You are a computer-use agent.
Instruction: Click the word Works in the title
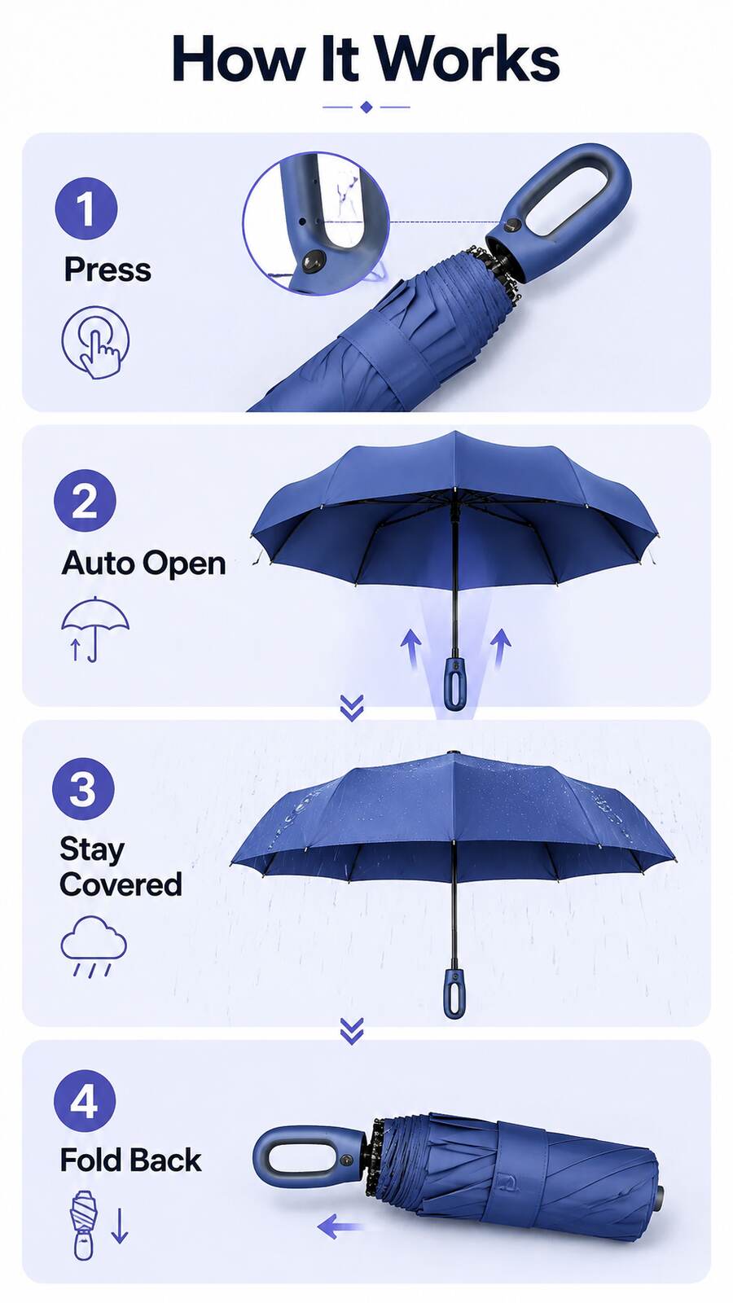click(466, 59)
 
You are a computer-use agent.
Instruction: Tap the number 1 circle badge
click(86, 208)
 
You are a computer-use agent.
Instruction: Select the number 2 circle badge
click(85, 501)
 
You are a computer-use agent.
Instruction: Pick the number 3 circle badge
click(83, 789)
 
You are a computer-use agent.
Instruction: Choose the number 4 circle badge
click(85, 1101)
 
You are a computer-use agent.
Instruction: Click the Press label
click(108, 270)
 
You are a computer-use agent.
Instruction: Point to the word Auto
click(99, 563)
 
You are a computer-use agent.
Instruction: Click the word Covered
click(121, 884)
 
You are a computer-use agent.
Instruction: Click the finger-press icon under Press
click(95, 343)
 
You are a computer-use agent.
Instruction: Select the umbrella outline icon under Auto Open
click(94, 629)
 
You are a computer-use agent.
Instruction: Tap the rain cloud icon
click(94, 945)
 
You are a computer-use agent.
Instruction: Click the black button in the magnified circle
click(314, 261)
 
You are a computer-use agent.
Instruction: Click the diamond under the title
click(366, 107)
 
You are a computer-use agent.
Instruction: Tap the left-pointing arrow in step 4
click(341, 1227)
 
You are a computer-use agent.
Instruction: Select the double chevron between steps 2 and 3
click(352, 708)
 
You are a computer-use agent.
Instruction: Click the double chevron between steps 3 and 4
click(352, 1031)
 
